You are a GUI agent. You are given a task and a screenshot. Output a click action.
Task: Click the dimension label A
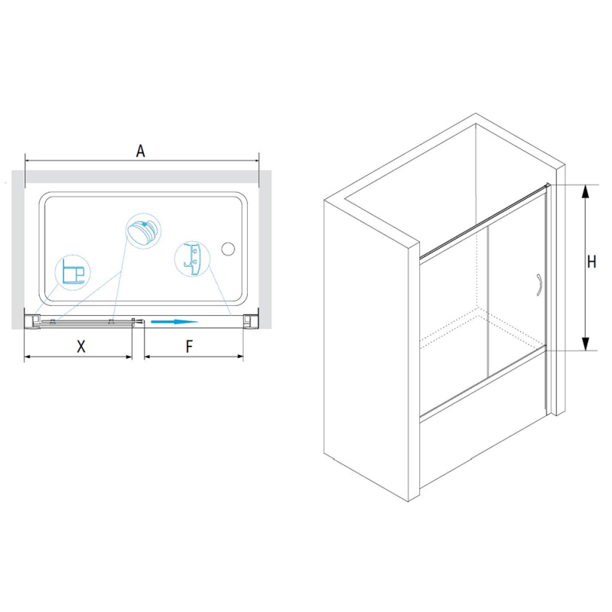coord(141,151)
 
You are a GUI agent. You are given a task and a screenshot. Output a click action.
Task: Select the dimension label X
coord(81,347)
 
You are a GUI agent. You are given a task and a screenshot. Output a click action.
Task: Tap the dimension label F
coord(189,347)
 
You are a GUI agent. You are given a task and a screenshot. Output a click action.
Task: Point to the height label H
coord(591,262)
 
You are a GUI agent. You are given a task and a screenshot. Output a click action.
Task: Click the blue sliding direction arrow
coord(175,321)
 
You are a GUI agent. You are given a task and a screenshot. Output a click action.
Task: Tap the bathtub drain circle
coord(228,249)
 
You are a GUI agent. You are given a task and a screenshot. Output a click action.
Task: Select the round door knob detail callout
coord(144,231)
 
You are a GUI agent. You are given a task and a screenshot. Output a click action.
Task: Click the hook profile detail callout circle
coord(193,259)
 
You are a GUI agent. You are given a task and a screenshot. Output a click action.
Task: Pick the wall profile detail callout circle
coord(73,272)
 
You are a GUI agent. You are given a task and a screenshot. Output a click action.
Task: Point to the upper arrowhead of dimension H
coord(584,192)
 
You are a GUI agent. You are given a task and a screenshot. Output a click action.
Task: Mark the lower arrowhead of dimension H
coord(584,343)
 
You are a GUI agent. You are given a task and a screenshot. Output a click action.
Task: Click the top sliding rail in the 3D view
coord(485,220)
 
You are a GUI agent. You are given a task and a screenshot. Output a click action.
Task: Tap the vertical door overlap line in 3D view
coord(487,303)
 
